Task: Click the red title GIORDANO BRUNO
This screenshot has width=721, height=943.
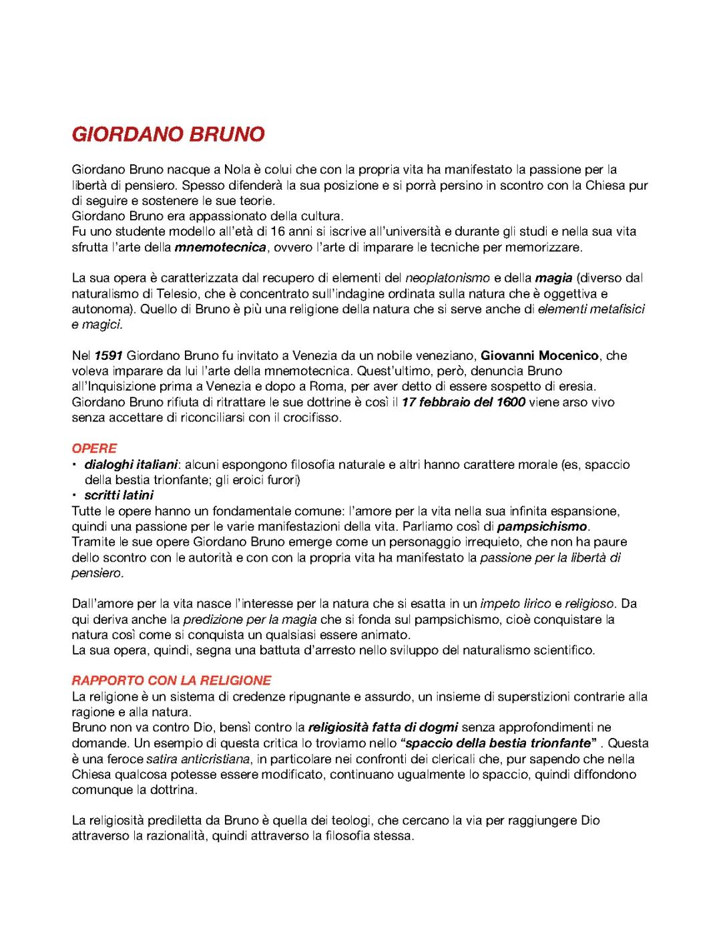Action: click(x=168, y=134)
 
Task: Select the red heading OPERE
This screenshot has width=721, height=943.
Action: click(x=94, y=448)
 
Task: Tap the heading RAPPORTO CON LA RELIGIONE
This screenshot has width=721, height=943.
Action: click(x=172, y=681)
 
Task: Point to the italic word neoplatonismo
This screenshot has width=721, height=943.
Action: click(x=448, y=277)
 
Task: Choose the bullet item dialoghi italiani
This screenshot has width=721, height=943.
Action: click(x=131, y=464)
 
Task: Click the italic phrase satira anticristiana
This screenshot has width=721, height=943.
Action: click(x=197, y=759)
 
